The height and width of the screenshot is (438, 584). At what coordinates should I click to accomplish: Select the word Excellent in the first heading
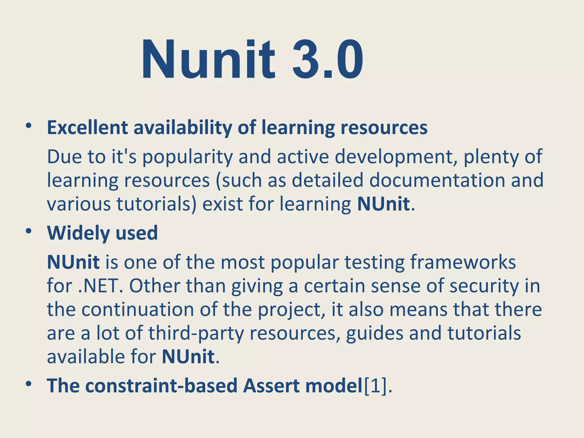click(x=87, y=127)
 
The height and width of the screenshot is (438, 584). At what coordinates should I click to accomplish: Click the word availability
click(x=182, y=128)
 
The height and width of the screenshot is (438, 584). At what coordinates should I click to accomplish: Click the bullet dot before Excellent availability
click(x=28, y=126)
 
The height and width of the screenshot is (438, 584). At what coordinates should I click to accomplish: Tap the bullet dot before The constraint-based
click(x=28, y=384)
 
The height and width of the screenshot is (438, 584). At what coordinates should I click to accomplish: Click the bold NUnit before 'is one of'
click(x=73, y=262)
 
